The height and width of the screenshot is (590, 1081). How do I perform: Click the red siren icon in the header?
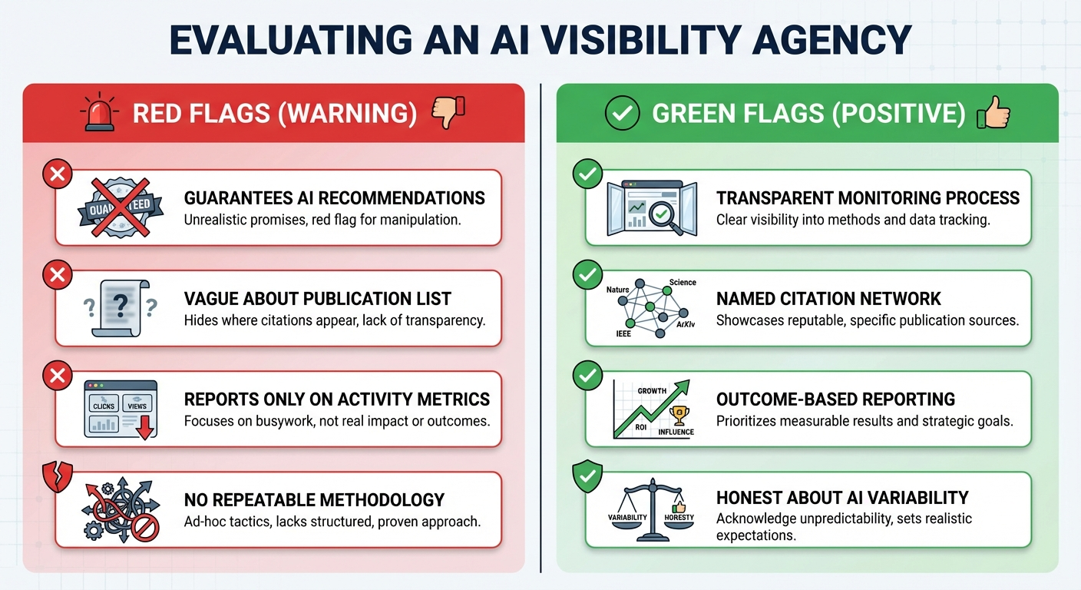point(98,114)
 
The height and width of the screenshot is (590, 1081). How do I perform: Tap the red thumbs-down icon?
point(449,114)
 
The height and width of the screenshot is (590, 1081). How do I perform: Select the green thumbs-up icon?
point(993,114)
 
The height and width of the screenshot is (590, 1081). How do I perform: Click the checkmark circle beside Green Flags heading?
point(623,114)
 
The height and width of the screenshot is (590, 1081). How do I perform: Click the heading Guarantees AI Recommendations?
point(334,198)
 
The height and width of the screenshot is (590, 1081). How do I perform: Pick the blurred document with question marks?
point(119,307)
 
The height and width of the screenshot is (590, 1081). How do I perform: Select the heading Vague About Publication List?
point(317,299)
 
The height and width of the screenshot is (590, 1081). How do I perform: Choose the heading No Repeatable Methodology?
point(314,500)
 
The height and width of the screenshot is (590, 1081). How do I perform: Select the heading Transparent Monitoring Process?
point(868,198)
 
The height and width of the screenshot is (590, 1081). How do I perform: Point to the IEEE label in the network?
point(623,334)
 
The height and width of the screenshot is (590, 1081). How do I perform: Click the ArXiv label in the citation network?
point(686,325)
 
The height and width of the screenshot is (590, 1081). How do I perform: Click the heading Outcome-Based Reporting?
point(835,399)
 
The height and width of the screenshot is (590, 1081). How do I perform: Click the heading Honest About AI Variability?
point(841,498)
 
